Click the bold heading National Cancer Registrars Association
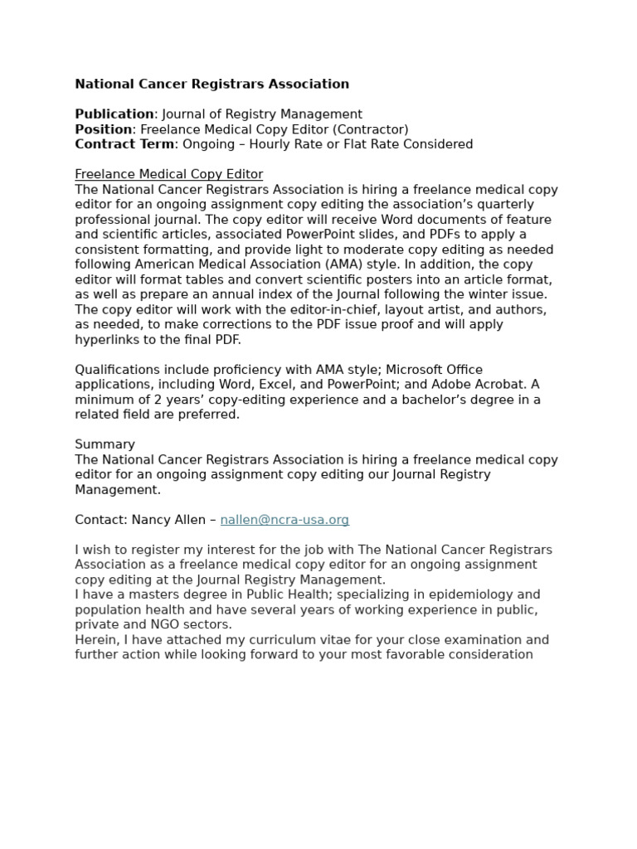tap(212, 84)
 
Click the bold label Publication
tap(114, 114)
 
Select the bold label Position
tap(104, 129)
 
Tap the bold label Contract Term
tap(124, 144)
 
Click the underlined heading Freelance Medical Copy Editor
tap(168, 174)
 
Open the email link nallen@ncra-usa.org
tap(284, 520)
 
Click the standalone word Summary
tap(105, 444)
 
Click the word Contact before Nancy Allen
tap(101, 520)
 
